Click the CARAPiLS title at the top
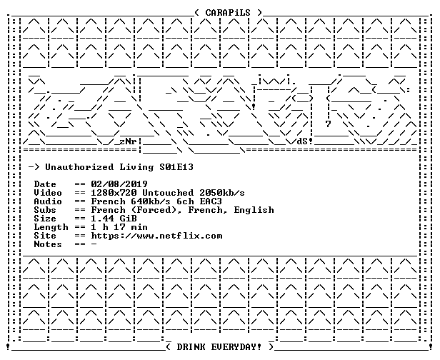click(x=228, y=13)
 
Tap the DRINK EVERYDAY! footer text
click(x=219, y=347)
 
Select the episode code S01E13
click(x=176, y=167)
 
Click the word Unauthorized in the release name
click(x=79, y=167)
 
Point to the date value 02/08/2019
click(x=119, y=184)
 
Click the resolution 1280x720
click(x=114, y=193)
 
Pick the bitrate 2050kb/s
click(x=222, y=193)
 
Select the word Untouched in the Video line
click(x=168, y=193)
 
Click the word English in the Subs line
click(x=254, y=210)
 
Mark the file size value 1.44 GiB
click(x=114, y=219)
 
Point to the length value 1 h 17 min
click(x=119, y=227)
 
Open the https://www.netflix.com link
click(x=156, y=236)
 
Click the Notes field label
click(x=48, y=244)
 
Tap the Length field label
click(x=51, y=227)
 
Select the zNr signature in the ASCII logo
click(x=128, y=141)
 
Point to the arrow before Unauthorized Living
click(x=34, y=168)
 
